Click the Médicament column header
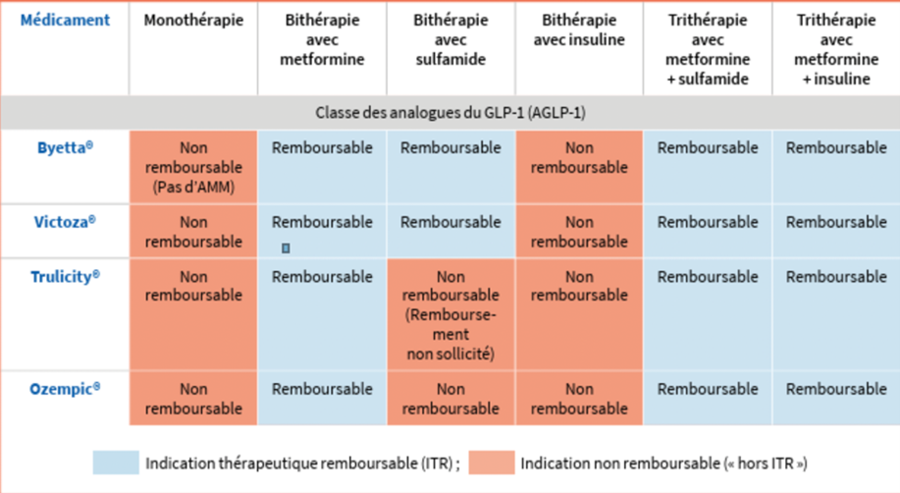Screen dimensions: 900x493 (65, 20)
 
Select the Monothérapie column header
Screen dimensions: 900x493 (193, 20)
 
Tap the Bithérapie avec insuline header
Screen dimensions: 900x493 (579, 29)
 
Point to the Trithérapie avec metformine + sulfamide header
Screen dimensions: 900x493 (708, 49)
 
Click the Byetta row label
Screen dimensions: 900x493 (65, 147)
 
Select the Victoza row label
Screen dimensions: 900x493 (65, 222)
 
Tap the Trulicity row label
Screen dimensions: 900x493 (65, 276)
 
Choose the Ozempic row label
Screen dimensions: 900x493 (65, 389)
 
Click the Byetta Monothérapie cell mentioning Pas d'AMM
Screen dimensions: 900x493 (193, 167)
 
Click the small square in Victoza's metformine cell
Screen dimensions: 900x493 (286, 248)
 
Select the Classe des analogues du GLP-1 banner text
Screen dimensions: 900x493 (450, 113)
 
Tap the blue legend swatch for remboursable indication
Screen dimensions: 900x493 (116, 463)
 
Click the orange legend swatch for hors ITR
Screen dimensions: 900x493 (492, 463)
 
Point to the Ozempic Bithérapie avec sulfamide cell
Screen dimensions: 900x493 (450, 398)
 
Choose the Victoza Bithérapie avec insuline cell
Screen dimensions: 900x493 (579, 232)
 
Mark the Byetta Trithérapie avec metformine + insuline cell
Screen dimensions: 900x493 (836, 167)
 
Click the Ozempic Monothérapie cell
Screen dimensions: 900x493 (193, 398)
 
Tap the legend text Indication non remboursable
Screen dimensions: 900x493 (620, 464)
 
